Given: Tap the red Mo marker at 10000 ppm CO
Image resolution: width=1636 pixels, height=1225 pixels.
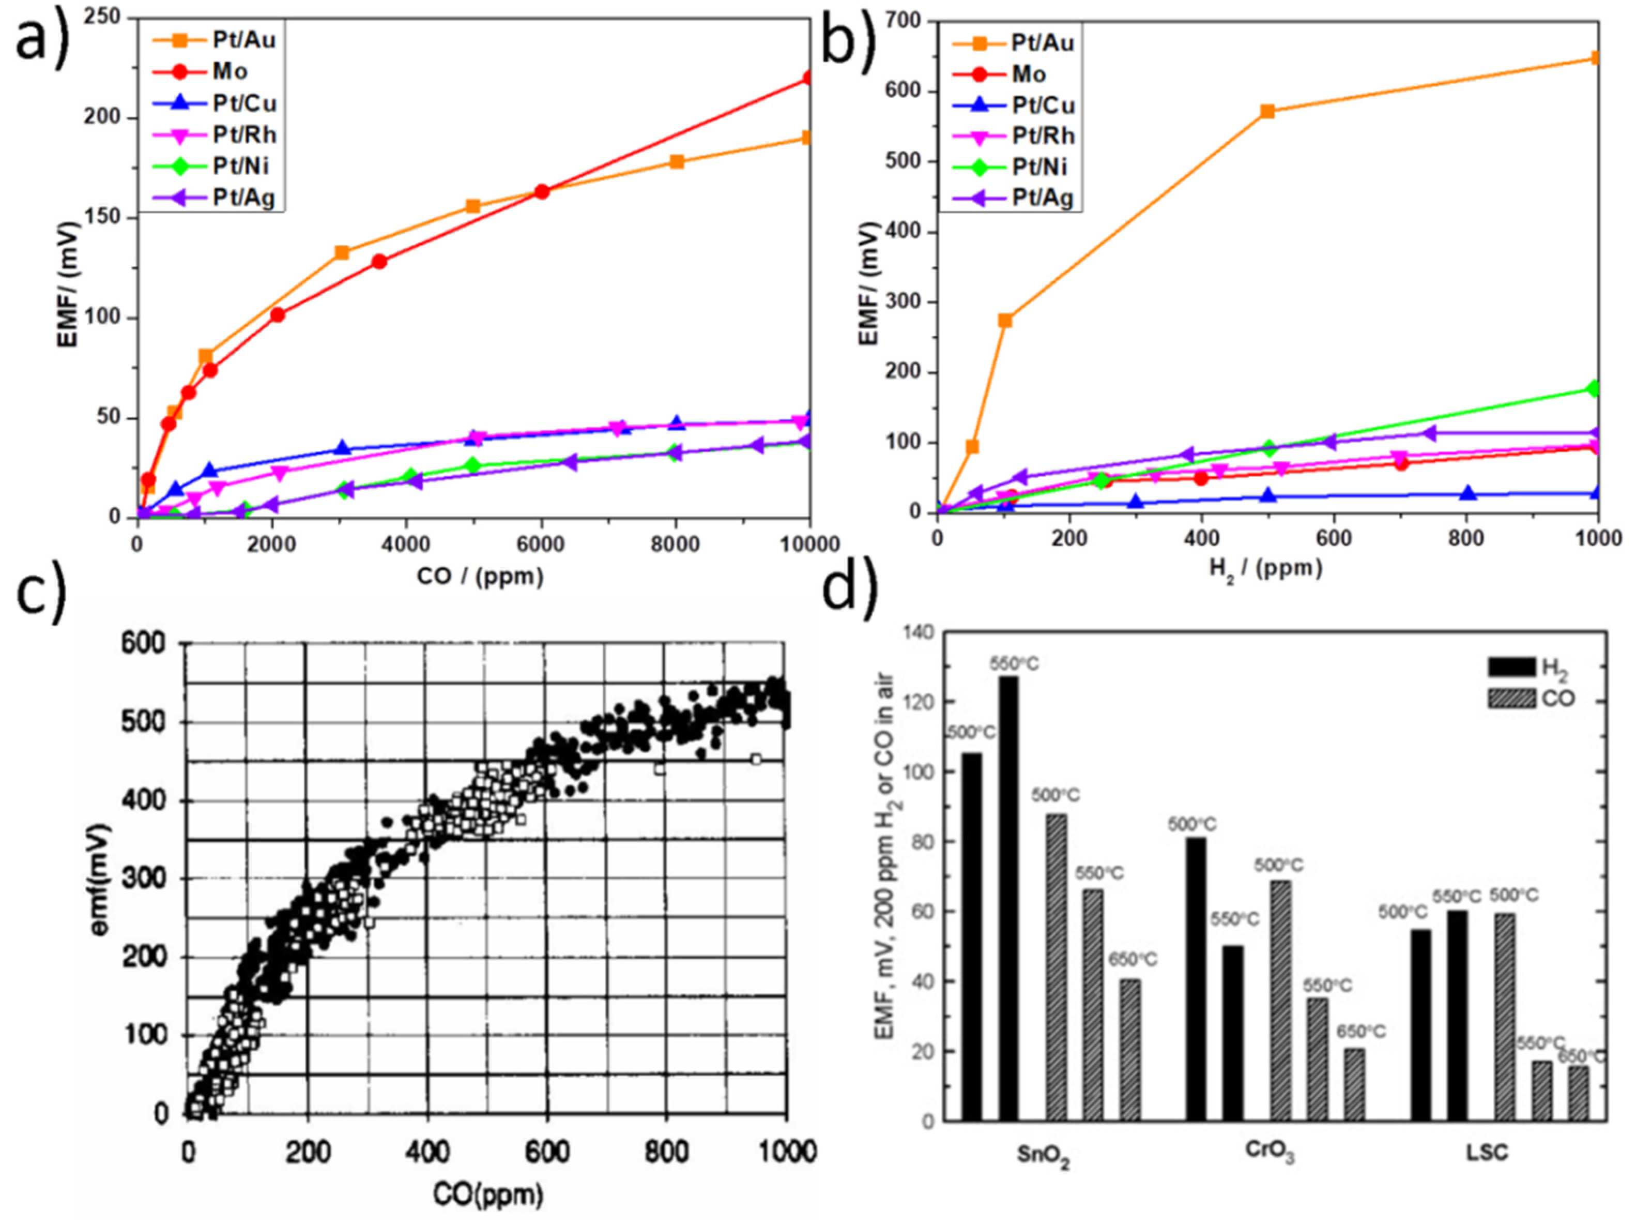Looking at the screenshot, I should (x=808, y=78).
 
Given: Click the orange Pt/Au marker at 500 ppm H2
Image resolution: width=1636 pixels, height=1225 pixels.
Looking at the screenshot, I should (x=1267, y=111).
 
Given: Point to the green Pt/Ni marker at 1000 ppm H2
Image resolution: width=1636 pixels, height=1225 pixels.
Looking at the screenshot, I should (x=1594, y=388).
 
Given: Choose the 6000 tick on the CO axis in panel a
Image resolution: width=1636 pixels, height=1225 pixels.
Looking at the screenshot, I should (x=541, y=543).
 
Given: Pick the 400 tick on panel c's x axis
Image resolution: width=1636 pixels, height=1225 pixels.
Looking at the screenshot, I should (x=427, y=1153).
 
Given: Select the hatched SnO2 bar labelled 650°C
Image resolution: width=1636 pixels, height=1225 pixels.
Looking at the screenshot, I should (x=1129, y=1050).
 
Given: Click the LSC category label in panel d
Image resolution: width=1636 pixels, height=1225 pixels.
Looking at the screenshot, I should (x=1487, y=1153).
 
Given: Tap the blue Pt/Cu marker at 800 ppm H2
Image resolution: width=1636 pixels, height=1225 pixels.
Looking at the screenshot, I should (x=1467, y=493).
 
